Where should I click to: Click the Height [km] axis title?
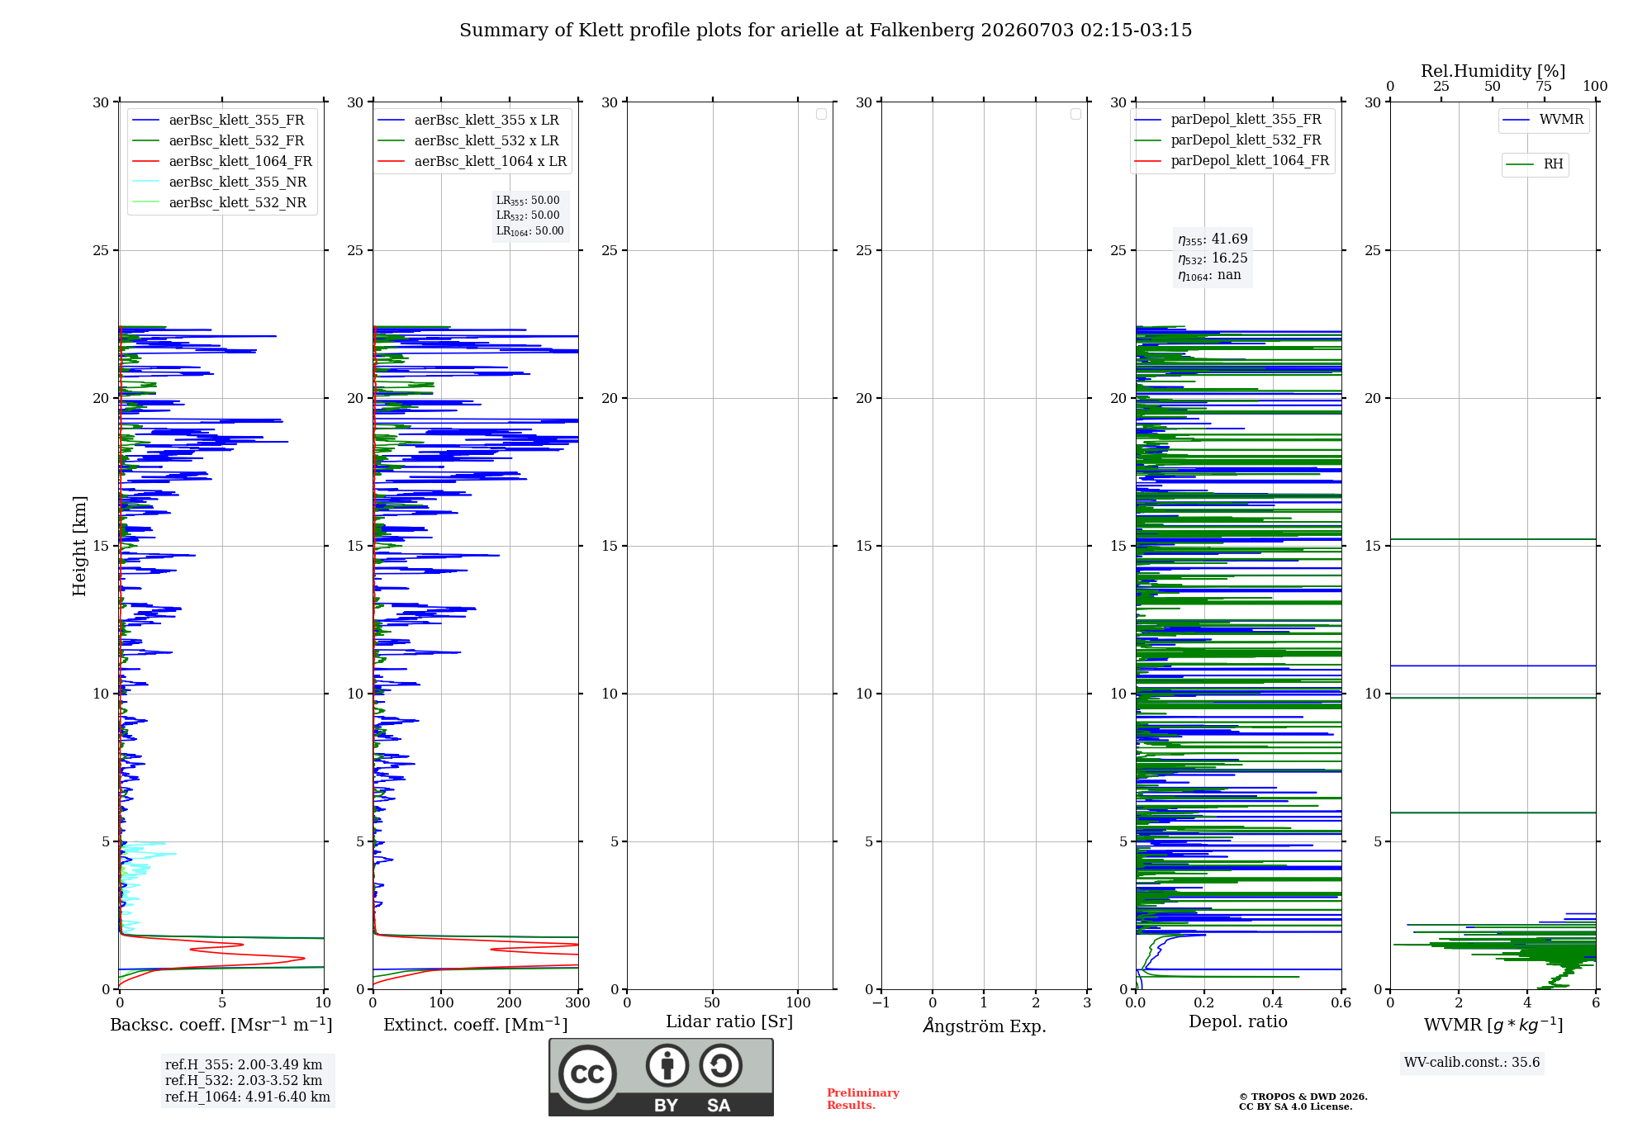coord(79,546)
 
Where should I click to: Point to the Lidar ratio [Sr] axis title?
coord(729,1021)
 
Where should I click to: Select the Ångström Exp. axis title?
coord(985,1026)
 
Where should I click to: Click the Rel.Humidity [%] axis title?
coord(1493,71)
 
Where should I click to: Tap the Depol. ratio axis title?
coord(1238,1021)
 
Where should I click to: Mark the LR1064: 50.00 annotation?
coord(529,231)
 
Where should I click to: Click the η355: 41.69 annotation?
coord(1213,239)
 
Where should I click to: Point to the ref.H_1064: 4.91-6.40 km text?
coord(248,1097)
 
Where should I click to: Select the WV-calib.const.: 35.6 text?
coord(1472,1063)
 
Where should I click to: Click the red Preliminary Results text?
coord(863,1099)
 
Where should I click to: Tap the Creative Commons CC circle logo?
coord(587,1074)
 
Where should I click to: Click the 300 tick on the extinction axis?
coord(578,1003)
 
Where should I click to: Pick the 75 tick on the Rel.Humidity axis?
coord(1544,87)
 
